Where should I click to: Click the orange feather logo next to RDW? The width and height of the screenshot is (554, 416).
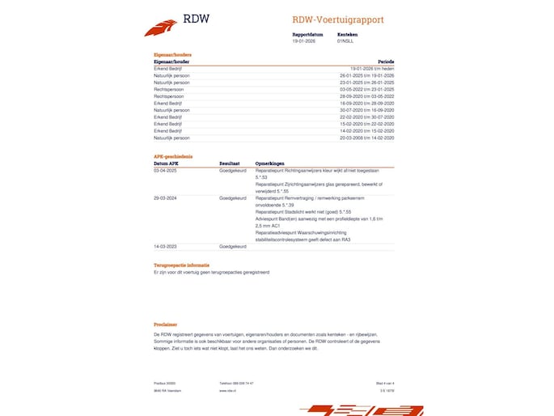coord(160,28)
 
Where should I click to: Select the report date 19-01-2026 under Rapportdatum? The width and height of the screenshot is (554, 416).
coord(302,40)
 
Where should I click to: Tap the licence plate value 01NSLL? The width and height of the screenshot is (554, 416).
coord(345,40)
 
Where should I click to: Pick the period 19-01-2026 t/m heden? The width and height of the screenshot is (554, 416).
coord(372,69)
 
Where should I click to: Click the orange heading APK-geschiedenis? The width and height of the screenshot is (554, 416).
coord(173,156)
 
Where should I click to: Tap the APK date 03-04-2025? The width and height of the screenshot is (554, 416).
coord(165,171)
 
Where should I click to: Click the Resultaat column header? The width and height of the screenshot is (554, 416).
coord(230,163)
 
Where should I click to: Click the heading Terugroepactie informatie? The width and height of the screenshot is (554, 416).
coord(181,265)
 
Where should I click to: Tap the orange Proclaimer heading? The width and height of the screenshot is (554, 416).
coord(165,323)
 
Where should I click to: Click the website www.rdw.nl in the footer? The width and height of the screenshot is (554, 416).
coord(226,390)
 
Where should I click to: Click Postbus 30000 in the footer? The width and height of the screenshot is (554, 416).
coord(164,383)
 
